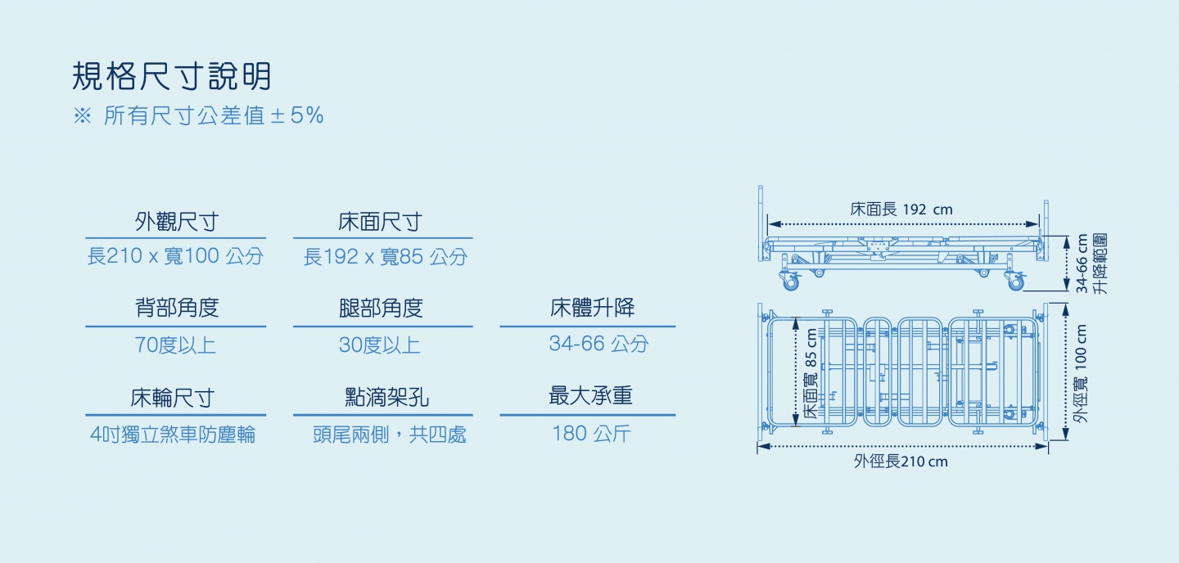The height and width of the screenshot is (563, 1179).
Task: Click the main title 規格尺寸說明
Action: tap(172, 76)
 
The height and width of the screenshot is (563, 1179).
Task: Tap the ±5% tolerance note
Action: tap(198, 115)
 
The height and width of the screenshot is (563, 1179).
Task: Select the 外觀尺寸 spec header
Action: tap(176, 222)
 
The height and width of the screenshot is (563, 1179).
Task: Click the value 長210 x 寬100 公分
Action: tap(175, 256)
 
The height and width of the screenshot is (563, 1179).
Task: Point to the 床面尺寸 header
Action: tap(380, 222)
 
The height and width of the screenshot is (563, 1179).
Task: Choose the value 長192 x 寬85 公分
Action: tap(386, 257)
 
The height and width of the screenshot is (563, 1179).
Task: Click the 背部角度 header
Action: tap(177, 308)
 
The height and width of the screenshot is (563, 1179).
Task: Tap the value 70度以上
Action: tap(175, 345)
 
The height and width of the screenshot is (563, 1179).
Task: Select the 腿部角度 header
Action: tap(381, 308)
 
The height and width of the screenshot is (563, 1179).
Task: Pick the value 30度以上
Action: tap(380, 345)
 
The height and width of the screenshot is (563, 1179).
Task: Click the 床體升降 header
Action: tap(592, 308)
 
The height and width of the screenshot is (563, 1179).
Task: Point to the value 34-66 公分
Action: tap(599, 344)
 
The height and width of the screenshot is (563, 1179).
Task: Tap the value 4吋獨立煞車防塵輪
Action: tap(173, 435)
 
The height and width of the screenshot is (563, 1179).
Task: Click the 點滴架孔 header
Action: tap(386, 397)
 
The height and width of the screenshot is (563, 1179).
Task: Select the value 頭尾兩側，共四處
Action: tap(390, 435)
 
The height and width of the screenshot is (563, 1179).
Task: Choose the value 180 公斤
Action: tap(591, 434)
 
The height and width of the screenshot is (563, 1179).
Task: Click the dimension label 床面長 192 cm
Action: tap(901, 209)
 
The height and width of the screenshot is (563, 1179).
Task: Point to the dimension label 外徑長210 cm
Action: tap(901, 462)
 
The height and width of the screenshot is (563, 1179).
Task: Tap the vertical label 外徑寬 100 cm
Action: tap(1081, 374)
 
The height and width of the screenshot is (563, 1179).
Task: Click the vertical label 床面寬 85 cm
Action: tap(811, 373)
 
